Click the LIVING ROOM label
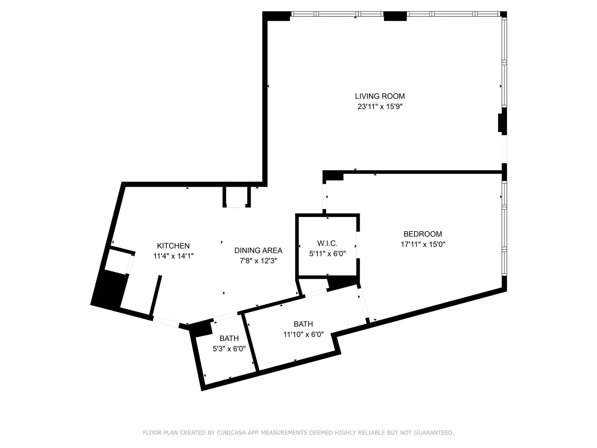[x=380, y=96]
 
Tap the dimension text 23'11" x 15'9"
[x=380, y=107]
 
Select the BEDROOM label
[x=423, y=234]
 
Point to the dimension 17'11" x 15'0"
[x=423, y=244]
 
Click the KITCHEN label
[x=173, y=246]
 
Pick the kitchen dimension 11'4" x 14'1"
[x=173, y=256]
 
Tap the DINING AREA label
[x=258, y=251]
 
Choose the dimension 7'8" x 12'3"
[x=258, y=261]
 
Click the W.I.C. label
[x=327, y=243]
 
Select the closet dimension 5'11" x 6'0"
[x=327, y=254]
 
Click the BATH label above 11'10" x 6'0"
[x=303, y=324]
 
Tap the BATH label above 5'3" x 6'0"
[x=229, y=338]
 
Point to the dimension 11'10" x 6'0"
[x=303, y=334]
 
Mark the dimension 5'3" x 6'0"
[x=229, y=349]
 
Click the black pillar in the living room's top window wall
[x=395, y=16]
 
